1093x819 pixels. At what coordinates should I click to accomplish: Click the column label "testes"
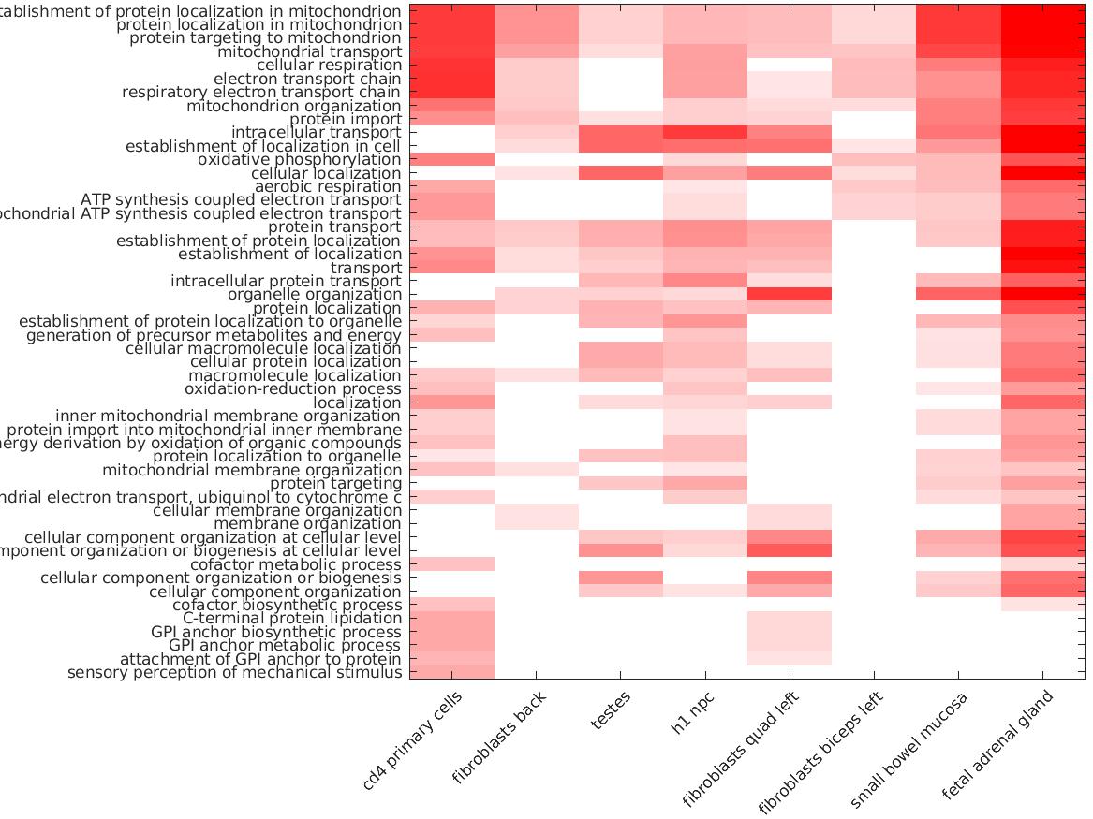(x=612, y=710)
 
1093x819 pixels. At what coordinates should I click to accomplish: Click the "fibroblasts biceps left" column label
(x=820, y=754)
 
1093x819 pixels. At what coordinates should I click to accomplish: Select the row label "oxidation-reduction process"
(x=293, y=389)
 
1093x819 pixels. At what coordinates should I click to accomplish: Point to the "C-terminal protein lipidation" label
(x=292, y=619)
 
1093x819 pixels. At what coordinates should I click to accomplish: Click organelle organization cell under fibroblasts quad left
(x=790, y=295)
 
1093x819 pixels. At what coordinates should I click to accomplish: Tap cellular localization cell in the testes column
(x=621, y=173)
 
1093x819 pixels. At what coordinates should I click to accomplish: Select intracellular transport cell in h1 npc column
(x=705, y=133)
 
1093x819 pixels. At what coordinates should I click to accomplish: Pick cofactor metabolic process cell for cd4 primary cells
(x=452, y=564)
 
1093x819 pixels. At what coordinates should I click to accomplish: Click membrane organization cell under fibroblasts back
(x=537, y=524)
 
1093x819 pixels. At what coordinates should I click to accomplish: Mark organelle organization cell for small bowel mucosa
(x=958, y=295)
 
